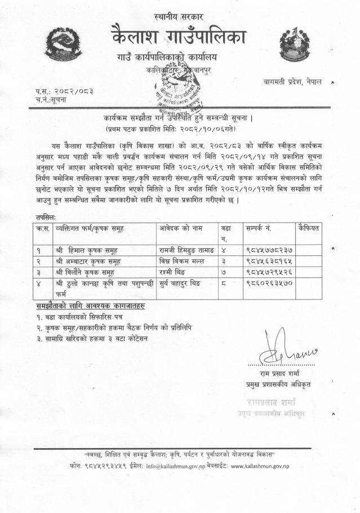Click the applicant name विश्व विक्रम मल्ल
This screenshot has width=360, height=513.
tap(181, 260)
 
